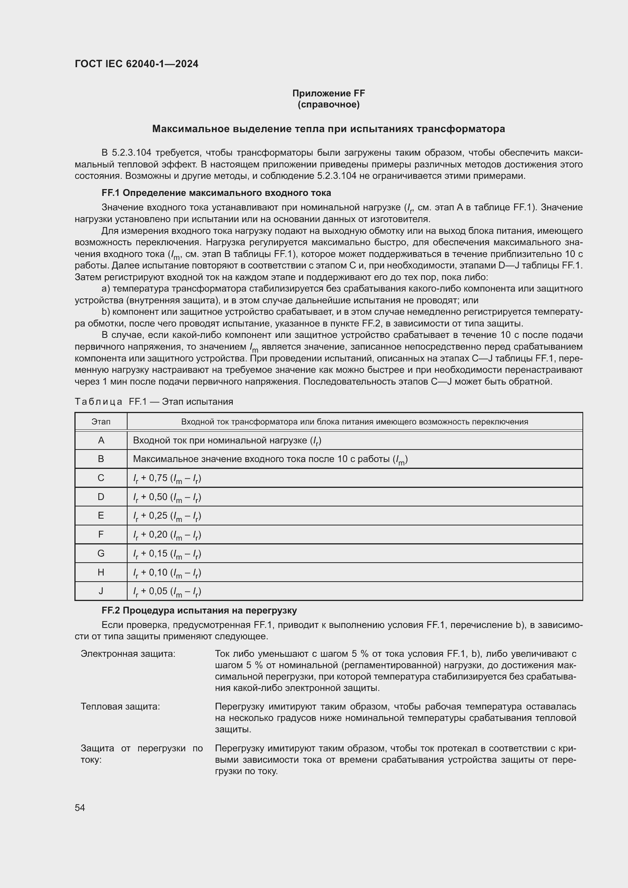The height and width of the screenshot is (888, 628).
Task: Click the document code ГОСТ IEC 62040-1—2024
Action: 137,64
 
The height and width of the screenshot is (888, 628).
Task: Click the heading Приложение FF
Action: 328,93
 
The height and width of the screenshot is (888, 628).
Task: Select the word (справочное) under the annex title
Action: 328,104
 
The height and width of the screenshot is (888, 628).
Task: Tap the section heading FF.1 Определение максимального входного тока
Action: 216,192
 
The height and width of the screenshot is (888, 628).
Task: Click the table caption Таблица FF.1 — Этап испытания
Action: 154,401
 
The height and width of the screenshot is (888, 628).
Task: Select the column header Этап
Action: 101,421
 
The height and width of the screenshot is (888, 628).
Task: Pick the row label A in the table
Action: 101,440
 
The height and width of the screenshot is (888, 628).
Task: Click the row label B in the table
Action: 101,459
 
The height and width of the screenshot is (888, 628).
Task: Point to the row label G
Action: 101,554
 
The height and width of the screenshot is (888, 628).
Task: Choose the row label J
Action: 101,591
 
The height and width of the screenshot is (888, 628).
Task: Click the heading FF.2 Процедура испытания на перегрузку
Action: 199,610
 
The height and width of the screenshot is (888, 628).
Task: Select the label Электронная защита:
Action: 128,654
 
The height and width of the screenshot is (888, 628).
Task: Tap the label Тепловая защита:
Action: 120,707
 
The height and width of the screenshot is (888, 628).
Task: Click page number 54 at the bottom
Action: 80,808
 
